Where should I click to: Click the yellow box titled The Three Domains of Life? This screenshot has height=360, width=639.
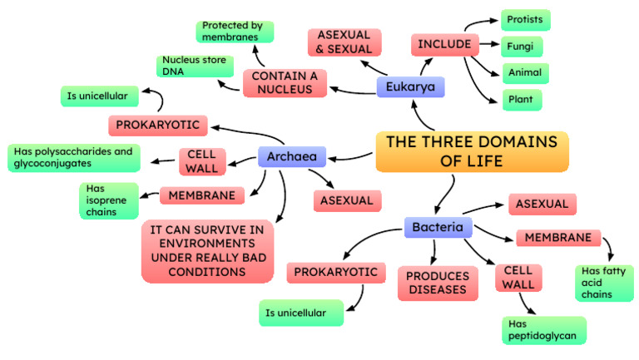click(x=472, y=150)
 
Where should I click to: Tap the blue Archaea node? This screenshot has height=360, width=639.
click(x=291, y=155)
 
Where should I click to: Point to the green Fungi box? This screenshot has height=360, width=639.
click(x=525, y=46)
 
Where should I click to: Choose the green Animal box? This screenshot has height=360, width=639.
click(x=525, y=72)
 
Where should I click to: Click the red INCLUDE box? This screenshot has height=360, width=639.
click(x=445, y=44)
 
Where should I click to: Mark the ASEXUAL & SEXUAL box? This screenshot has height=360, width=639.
click(x=344, y=43)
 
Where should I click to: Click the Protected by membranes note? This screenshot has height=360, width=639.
click(x=235, y=32)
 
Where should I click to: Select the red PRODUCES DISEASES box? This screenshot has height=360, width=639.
click(x=437, y=283)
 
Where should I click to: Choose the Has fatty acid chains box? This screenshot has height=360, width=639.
click(x=603, y=283)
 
